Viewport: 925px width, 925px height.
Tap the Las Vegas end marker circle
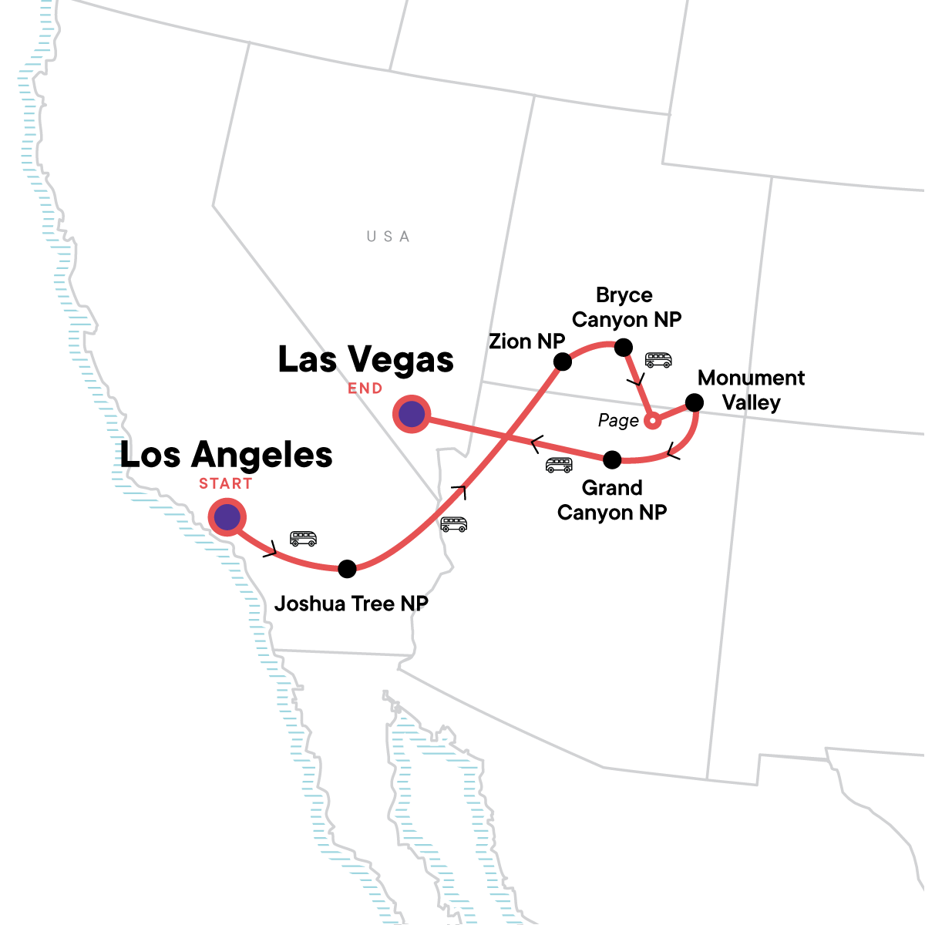(x=412, y=414)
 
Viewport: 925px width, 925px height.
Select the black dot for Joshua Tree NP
(x=348, y=569)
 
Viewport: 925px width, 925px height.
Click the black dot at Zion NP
(x=563, y=361)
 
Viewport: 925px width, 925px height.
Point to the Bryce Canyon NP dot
(x=623, y=348)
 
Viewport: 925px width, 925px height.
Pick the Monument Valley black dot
(x=695, y=402)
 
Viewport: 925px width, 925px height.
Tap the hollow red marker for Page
(x=652, y=421)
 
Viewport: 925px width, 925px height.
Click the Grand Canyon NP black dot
(x=611, y=460)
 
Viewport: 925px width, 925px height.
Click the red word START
(x=225, y=484)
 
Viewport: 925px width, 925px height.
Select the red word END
(x=365, y=388)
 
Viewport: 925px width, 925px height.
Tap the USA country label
(x=388, y=237)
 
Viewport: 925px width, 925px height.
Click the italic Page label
(x=618, y=421)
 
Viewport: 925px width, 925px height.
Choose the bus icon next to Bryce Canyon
(x=658, y=360)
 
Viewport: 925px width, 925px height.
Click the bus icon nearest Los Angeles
(x=303, y=538)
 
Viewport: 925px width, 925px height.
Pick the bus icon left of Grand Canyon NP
(x=559, y=465)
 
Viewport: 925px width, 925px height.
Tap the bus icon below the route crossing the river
(x=454, y=524)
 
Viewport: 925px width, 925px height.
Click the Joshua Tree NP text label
(x=351, y=604)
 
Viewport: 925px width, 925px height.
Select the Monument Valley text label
(x=751, y=390)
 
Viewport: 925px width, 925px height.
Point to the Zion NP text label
(x=526, y=341)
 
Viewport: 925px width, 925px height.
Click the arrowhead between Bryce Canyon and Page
(x=636, y=382)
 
